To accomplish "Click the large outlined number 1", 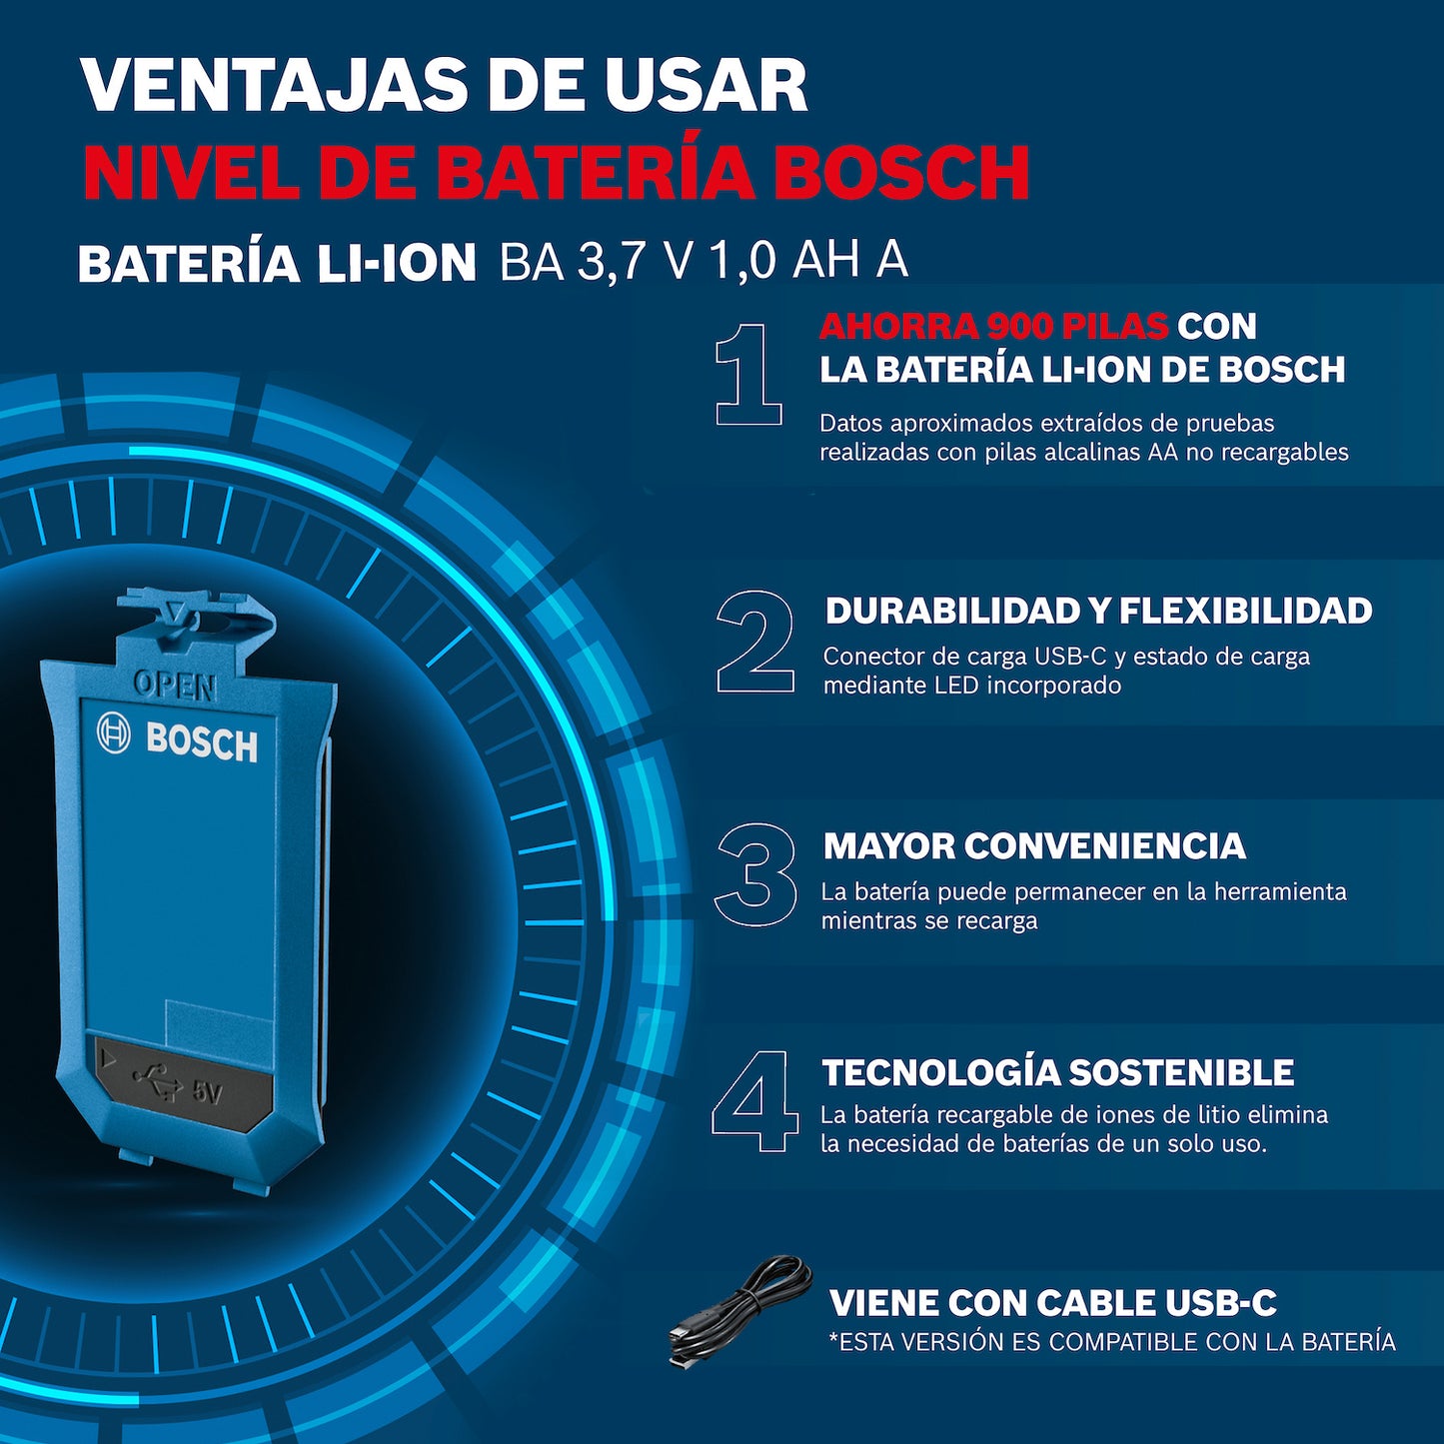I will pos(748,375).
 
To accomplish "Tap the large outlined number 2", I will pos(755,642).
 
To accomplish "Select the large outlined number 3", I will pos(755,874).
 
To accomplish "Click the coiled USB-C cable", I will pos(739,1310).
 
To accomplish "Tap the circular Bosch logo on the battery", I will pos(113,732).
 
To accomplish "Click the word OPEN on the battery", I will pos(174,686).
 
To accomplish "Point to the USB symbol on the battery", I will pos(158,1082).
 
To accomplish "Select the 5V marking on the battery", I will pos(206,1092).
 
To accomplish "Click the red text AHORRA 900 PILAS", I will pos(993,326).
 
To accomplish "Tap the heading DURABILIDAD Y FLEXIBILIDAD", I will pos(1098,611).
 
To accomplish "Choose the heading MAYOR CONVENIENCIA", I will pos(1033,846).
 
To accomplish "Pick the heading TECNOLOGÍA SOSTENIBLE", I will pos(1057,1072).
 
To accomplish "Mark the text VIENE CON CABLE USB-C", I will pos(1052,1303).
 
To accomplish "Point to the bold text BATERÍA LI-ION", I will pos(277,264).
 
